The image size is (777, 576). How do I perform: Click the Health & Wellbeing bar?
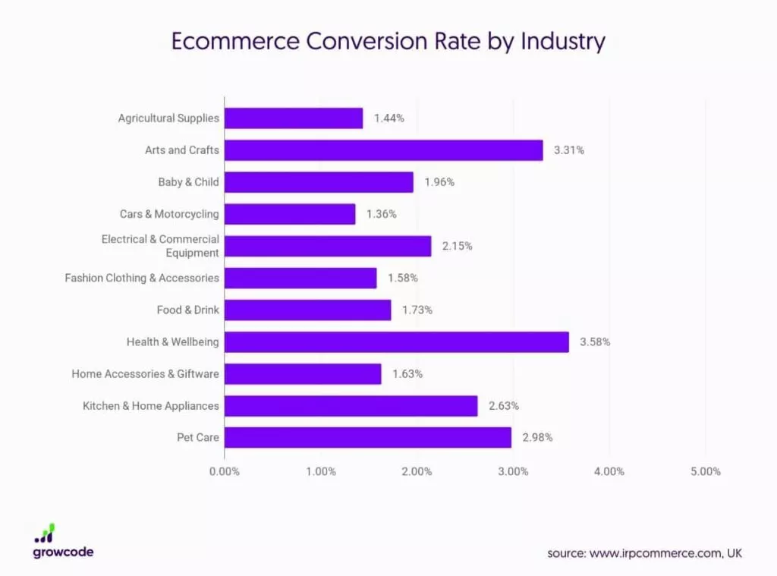pyautogui.click(x=396, y=342)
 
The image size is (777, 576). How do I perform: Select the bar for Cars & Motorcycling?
pyautogui.click(x=290, y=214)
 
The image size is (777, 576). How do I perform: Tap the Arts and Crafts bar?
pyautogui.click(x=383, y=150)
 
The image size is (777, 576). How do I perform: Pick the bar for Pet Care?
pyautogui.click(x=367, y=438)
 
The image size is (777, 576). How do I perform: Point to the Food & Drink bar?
pyautogui.click(x=307, y=310)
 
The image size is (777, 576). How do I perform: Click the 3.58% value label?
pyautogui.click(x=595, y=342)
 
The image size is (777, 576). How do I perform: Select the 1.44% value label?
pyautogui.click(x=388, y=118)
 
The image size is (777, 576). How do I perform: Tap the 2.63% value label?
pyautogui.click(x=504, y=406)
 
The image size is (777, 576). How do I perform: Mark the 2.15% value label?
pyautogui.click(x=457, y=246)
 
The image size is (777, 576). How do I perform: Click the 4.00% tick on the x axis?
pyautogui.click(x=609, y=471)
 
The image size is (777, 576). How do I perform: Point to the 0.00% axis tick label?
pyautogui.click(x=224, y=471)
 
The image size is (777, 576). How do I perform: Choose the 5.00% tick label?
pyautogui.click(x=706, y=471)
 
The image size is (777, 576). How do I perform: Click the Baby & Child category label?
pyautogui.click(x=188, y=182)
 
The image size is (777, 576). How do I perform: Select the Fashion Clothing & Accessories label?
pyautogui.click(x=142, y=279)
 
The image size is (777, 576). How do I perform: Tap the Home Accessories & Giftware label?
pyautogui.click(x=145, y=374)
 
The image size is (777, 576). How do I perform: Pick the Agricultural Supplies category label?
pyautogui.click(x=168, y=118)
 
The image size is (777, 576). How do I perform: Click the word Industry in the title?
pyautogui.click(x=562, y=41)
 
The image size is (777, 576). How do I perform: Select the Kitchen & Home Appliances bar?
pyautogui.click(x=351, y=406)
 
